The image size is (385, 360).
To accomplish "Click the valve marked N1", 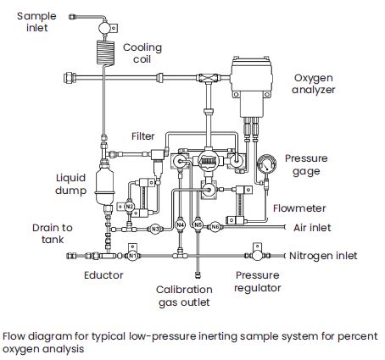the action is coord(132,256).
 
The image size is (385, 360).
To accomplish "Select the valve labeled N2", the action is coord(129,207).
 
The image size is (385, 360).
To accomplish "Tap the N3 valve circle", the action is coord(155,229).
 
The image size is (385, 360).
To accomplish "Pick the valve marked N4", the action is coord(180,225).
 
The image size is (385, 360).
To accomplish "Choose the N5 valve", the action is coord(198,225).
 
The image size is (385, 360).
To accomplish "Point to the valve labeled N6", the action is coord(215,226).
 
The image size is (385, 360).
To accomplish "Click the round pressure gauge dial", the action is coord(266,164).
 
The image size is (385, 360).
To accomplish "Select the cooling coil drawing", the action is coord(105,53).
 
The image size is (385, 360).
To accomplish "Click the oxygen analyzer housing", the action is coord(251,86).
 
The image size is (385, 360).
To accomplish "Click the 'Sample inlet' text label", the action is coord(36,22).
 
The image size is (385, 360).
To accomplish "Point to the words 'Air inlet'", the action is coord(312,228).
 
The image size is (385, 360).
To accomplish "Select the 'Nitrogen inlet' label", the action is coord(323,256).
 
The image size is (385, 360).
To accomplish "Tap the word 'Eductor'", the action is coord(103,275).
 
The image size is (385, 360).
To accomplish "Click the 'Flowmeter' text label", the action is coord(299,208).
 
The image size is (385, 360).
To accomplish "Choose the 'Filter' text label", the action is coord(143,136).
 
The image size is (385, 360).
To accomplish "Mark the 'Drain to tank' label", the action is coord(53,234).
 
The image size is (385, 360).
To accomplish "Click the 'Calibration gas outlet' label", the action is coord(184,296).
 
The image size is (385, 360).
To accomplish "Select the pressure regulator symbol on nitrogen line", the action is coord(257,255).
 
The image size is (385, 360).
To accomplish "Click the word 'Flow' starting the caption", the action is coord(14,336).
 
